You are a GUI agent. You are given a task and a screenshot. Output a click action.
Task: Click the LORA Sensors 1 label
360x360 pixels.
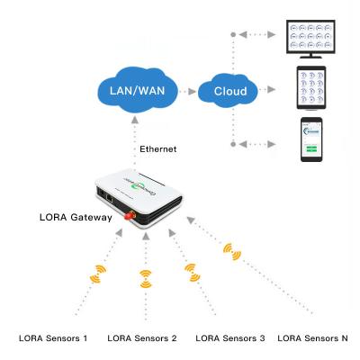click(x=54, y=338)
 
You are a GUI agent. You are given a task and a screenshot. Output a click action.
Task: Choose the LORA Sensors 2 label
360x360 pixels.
click(x=142, y=338)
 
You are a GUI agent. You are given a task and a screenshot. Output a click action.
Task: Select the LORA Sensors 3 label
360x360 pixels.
click(x=229, y=338)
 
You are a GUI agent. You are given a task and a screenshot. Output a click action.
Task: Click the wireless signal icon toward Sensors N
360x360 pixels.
click(x=236, y=254)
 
